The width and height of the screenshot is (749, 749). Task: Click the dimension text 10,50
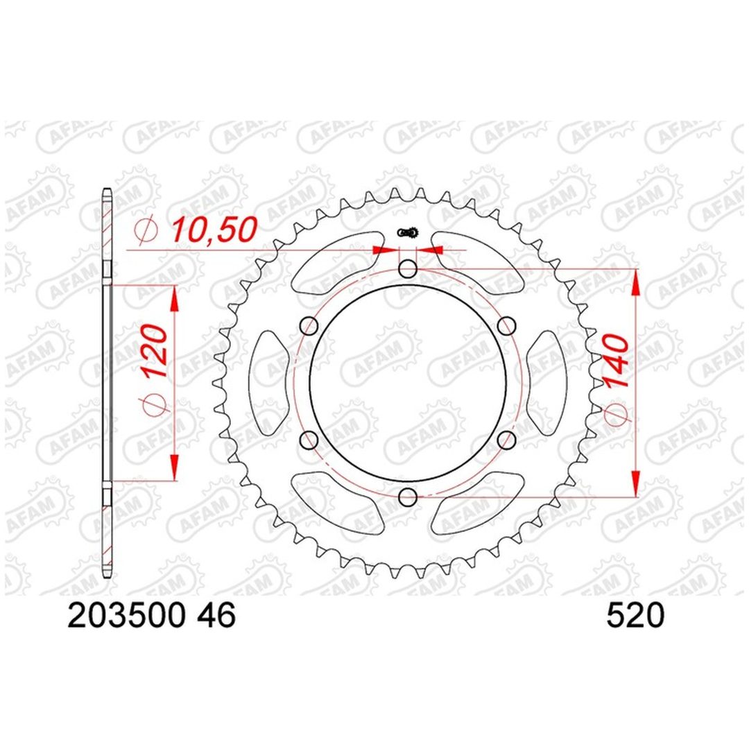(x=214, y=230)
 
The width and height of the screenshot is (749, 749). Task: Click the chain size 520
(x=635, y=614)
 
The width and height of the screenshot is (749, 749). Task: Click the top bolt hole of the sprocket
(x=408, y=269)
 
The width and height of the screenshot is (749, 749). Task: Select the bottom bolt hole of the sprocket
(x=408, y=497)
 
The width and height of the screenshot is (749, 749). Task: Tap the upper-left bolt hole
(x=309, y=326)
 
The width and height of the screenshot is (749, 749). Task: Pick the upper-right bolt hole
(x=507, y=326)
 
